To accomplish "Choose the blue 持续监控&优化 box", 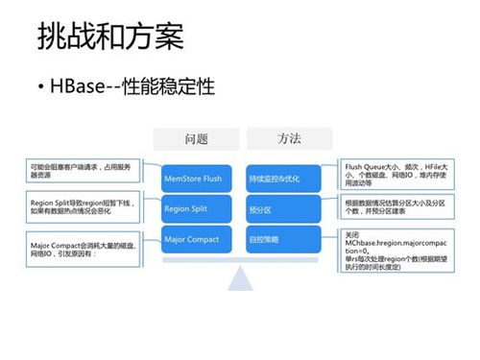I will point(282,178).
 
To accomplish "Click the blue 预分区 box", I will point(282,207).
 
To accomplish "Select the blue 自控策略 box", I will point(282,238).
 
